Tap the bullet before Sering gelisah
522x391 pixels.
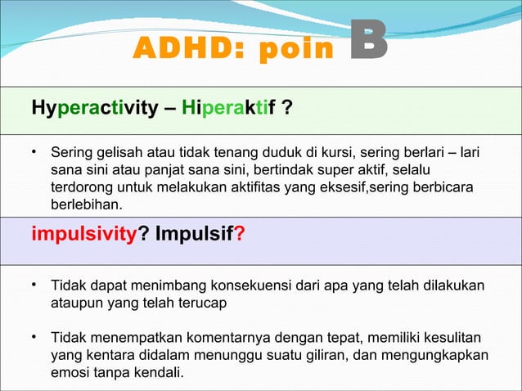click(36, 151)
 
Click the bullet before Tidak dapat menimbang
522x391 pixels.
click(36, 285)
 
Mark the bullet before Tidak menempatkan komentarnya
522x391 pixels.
click(36, 337)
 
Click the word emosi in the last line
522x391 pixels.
click(70, 373)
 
